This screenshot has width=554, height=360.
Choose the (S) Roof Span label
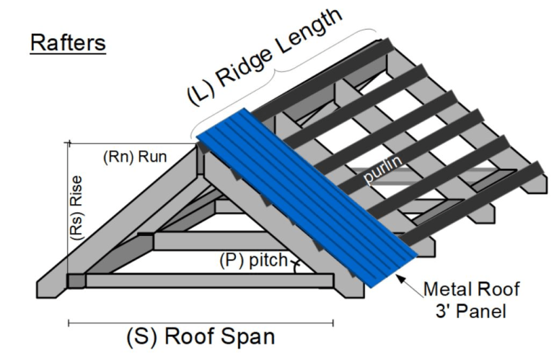point(200,337)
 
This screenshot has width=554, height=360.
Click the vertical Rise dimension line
point(68,209)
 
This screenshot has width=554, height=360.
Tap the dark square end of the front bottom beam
point(76,280)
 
